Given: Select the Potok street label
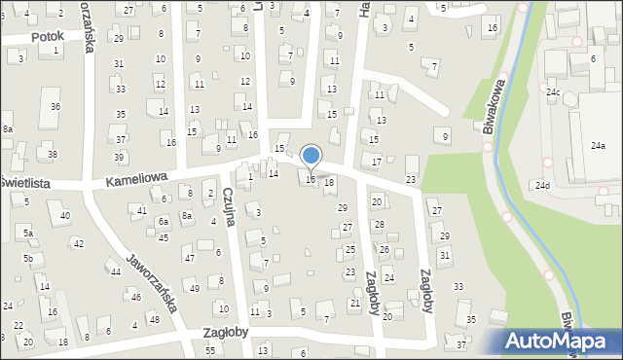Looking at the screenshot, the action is click(47, 36).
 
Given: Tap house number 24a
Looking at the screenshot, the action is click(597, 146).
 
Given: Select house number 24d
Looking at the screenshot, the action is click(541, 185).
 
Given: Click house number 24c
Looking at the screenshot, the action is click(553, 92).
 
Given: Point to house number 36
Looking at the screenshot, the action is click(55, 106).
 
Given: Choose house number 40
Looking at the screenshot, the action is click(65, 215).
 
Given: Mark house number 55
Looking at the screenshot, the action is click(210, 349).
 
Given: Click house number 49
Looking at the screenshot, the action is click(195, 288).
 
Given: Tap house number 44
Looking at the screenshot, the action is click(115, 271).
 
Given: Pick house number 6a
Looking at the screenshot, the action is click(164, 221).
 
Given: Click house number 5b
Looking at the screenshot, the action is click(29, 258).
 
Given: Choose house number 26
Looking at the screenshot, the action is click(385, 250).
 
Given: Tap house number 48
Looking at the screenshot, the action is click(154, 319).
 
